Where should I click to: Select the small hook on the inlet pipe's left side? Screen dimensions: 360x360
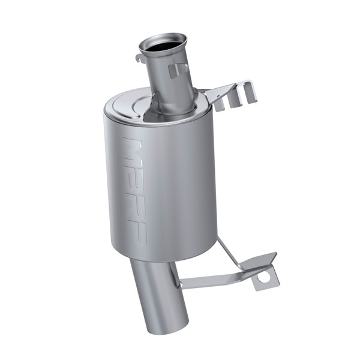tap(139, 59)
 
